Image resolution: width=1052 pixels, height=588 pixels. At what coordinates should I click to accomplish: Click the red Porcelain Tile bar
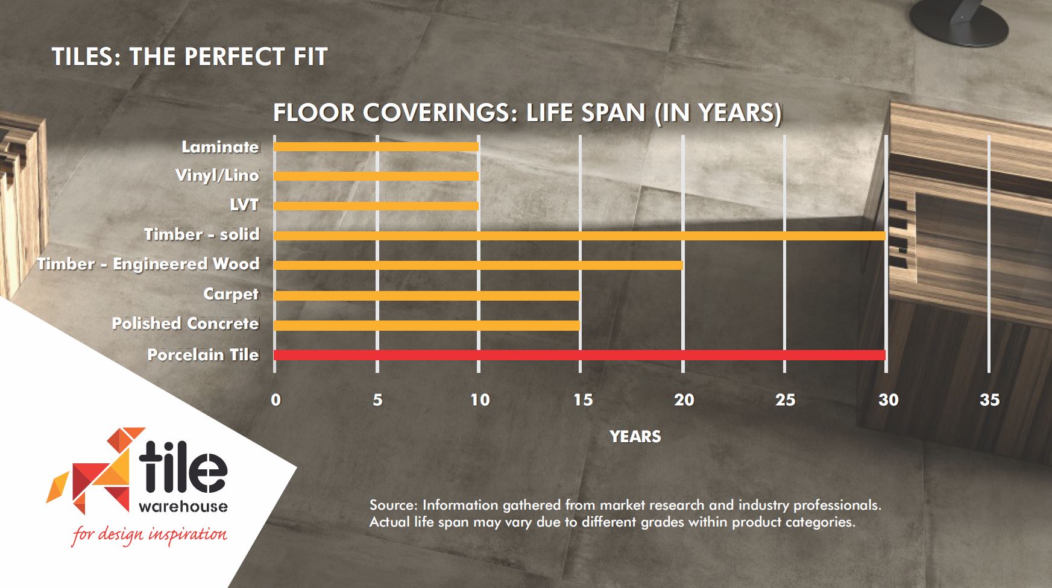[579, 355]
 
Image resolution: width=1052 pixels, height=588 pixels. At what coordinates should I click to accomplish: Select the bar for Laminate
[376, 146]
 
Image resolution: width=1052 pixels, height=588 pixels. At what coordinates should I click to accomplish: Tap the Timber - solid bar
[579, 236]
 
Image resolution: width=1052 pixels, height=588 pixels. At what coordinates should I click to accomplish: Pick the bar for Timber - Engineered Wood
[478, 265]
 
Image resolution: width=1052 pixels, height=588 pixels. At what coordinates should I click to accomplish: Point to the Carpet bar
[427, 295]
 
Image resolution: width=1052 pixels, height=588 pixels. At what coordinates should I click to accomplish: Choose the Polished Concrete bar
[427, 325]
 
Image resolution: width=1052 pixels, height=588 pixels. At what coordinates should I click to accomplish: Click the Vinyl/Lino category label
[217, 175]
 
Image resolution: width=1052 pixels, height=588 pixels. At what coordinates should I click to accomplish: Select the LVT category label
[244, 205]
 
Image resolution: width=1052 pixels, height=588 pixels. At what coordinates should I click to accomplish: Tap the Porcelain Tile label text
[203, 354]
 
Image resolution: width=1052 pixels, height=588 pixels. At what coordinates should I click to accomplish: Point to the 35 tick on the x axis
[989, 400]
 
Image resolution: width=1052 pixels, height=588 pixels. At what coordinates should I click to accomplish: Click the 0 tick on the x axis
[276, 400]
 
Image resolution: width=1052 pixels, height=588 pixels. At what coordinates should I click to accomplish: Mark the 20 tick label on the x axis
[684, 400]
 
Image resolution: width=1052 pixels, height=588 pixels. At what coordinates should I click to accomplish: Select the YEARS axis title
[635, 437]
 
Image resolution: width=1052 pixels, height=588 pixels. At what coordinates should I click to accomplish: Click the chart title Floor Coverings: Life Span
[528, 113]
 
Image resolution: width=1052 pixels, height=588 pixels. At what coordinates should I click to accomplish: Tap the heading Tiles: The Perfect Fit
[189, 57]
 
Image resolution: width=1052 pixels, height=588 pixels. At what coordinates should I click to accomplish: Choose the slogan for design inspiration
[150, 534]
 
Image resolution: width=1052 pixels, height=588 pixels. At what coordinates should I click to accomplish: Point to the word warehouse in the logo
[183, 506]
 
